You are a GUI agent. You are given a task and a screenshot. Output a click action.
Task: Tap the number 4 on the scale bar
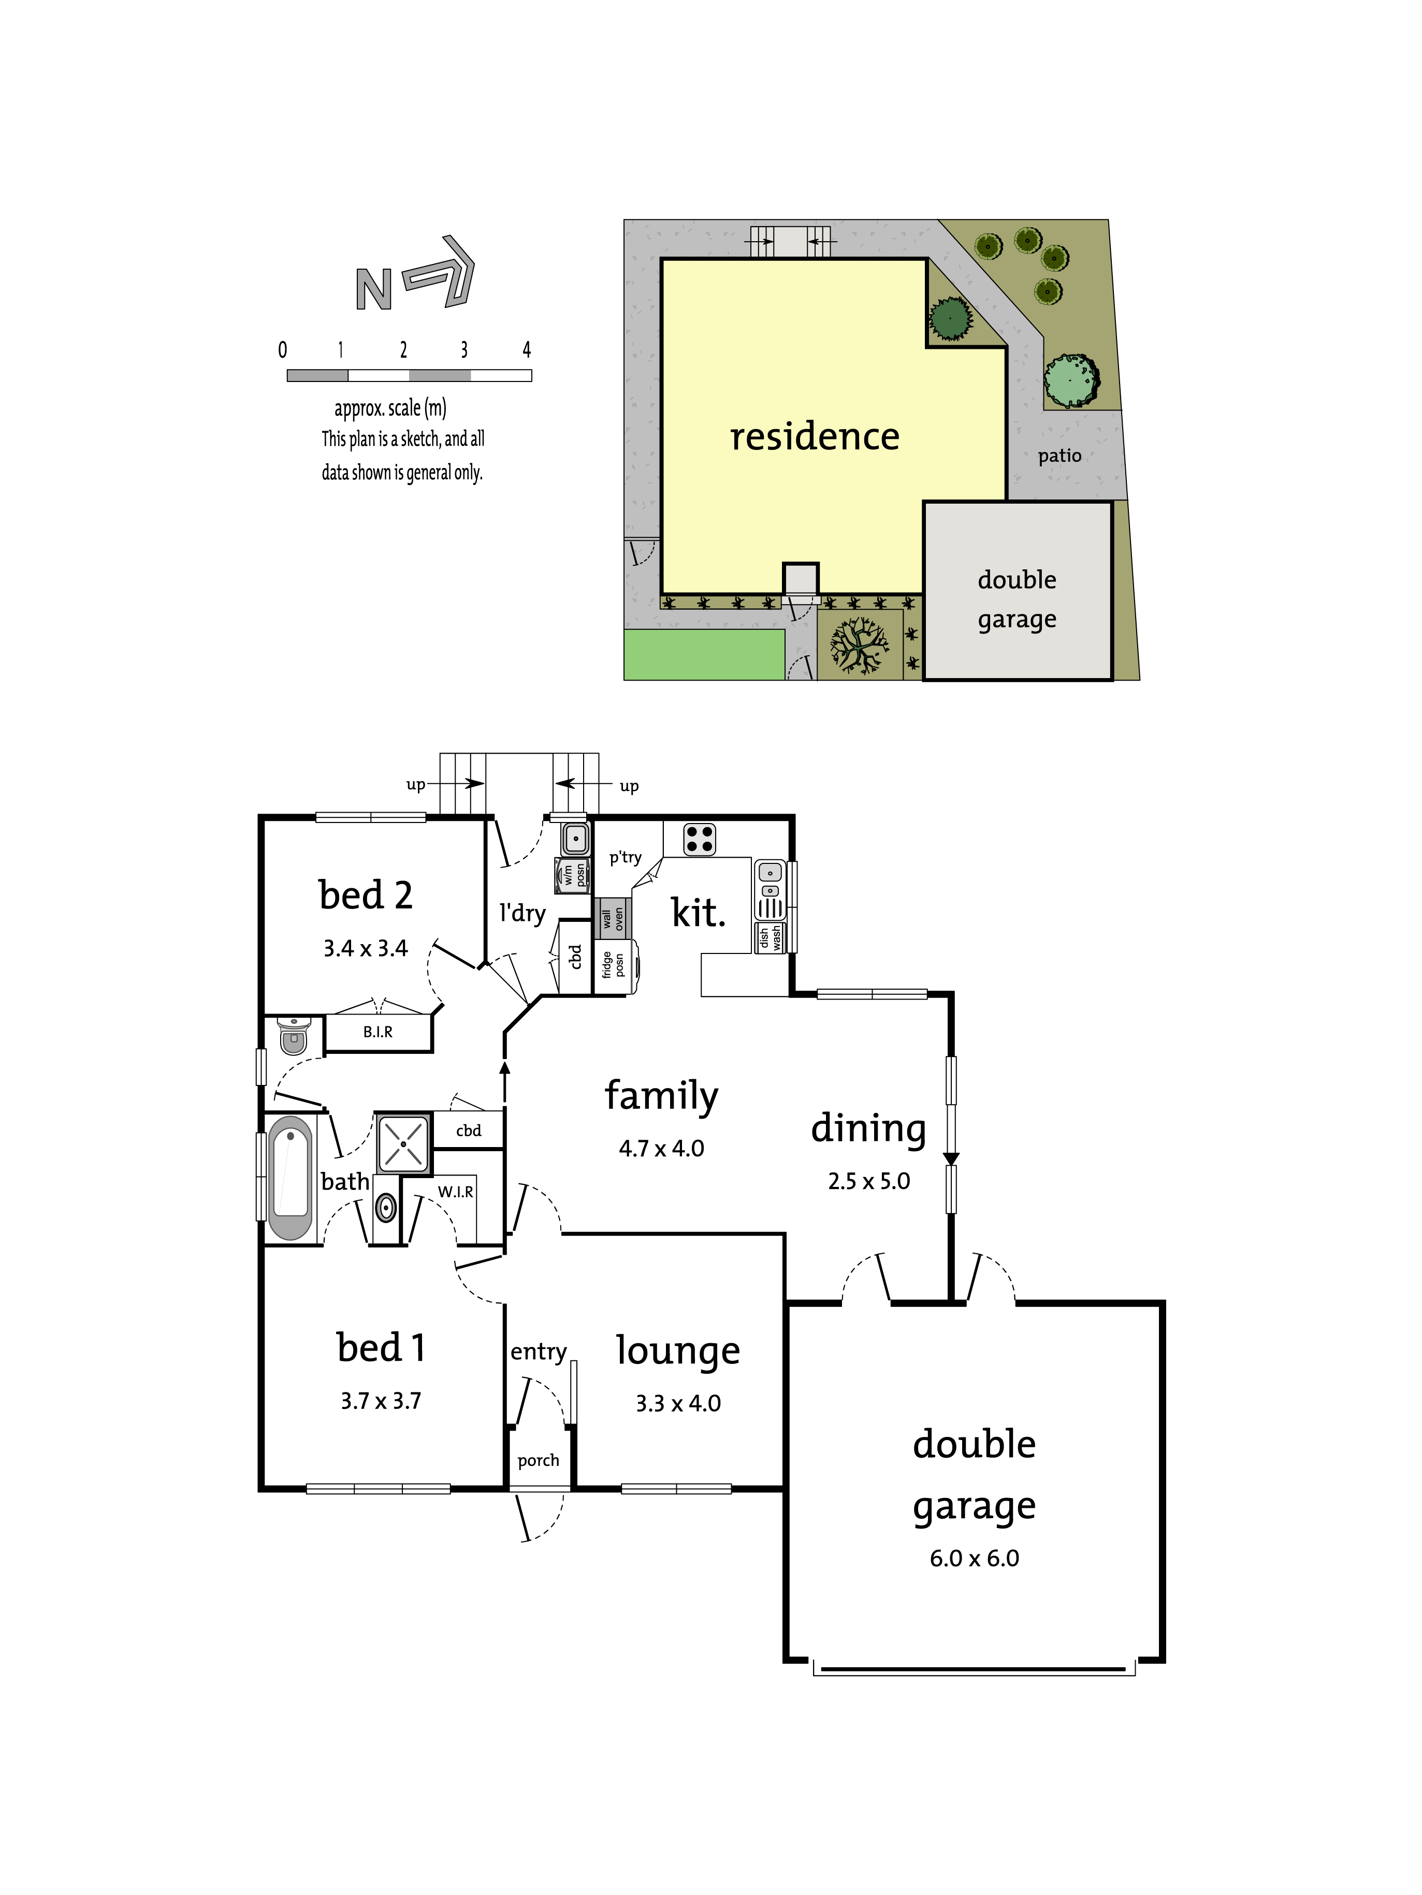click(526, 349)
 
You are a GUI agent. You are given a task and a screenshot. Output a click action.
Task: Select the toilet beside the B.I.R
click(293, 1034)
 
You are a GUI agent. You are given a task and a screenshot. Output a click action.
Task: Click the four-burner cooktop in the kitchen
click(700, 840)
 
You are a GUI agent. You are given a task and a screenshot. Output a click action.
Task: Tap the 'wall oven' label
click(613, 919)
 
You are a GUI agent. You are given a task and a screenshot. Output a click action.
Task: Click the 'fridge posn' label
click(613, 965)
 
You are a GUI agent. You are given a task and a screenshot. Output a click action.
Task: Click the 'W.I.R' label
click(455, 1192)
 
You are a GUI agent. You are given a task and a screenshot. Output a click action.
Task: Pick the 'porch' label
click(538, 1461)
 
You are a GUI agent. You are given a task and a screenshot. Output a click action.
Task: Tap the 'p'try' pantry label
click(625, 858)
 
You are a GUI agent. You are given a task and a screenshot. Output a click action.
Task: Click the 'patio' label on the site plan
click(1060, 456)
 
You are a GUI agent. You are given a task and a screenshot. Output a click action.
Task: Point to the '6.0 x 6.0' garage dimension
click(975, 1559)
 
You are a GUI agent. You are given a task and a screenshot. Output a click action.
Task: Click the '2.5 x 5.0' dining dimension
click(869, 1181)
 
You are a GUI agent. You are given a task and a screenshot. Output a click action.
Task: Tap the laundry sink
click(575, 839)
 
